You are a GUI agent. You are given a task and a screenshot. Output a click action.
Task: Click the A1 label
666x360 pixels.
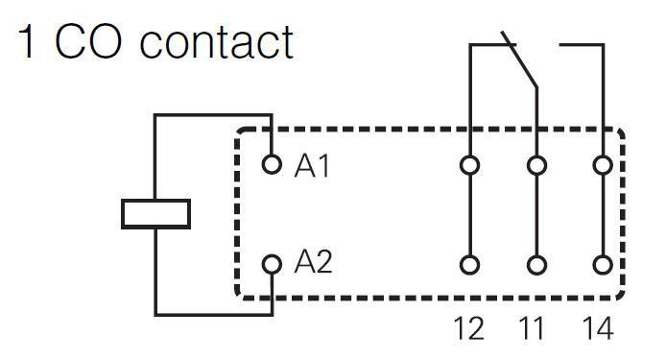click(312, 166)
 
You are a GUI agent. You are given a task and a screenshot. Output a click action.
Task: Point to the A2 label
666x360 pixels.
click(313, 261)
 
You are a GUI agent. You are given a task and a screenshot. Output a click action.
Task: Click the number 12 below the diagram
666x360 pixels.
click(469, 328)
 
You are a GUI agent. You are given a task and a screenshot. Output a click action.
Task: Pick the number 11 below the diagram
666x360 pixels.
click(532, 328)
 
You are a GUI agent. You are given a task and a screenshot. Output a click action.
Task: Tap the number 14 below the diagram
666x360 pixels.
click(598, 328)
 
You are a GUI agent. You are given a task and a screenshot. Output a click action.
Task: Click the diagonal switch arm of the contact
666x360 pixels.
click(519, 60)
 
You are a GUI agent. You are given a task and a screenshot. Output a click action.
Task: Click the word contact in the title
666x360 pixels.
click(216, 42)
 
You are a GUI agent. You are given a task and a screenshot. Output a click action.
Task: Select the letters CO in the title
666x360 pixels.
click(88, 41)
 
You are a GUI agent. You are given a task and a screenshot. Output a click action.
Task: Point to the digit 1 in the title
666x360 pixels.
click(26, 41)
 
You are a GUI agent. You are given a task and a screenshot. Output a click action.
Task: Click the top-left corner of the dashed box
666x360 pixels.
click(237, 130)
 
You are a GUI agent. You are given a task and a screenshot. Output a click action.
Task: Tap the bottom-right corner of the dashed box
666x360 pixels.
click(623, 298)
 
